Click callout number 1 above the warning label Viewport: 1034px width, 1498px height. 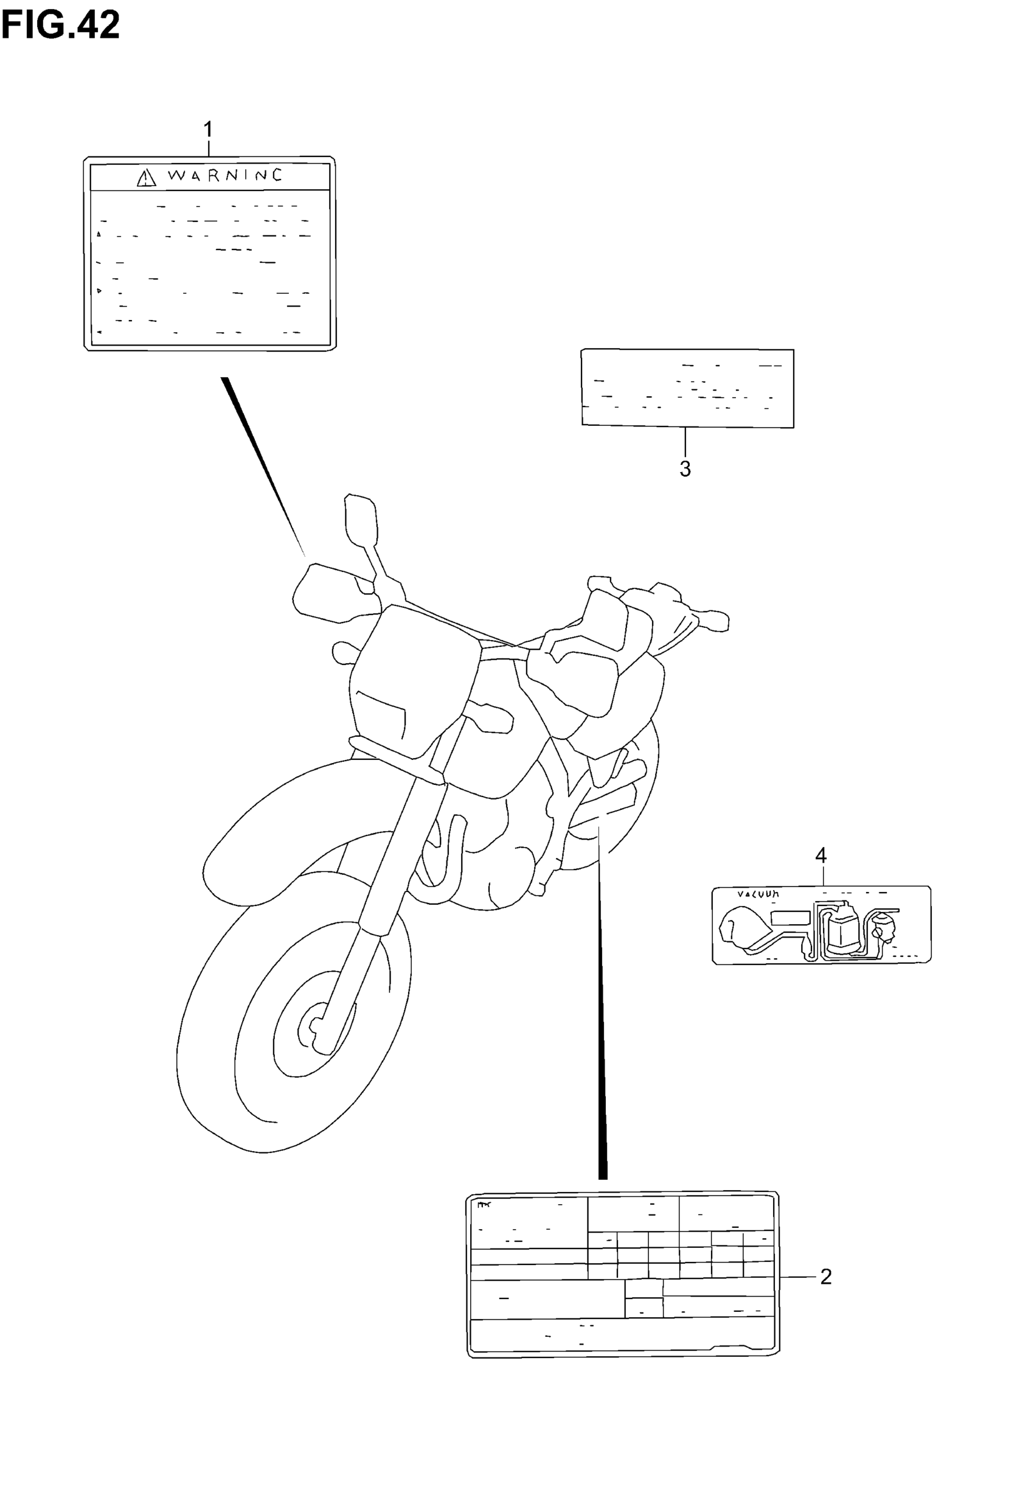coord(208,130)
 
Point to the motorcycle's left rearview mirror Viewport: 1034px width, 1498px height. coord(360,518)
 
